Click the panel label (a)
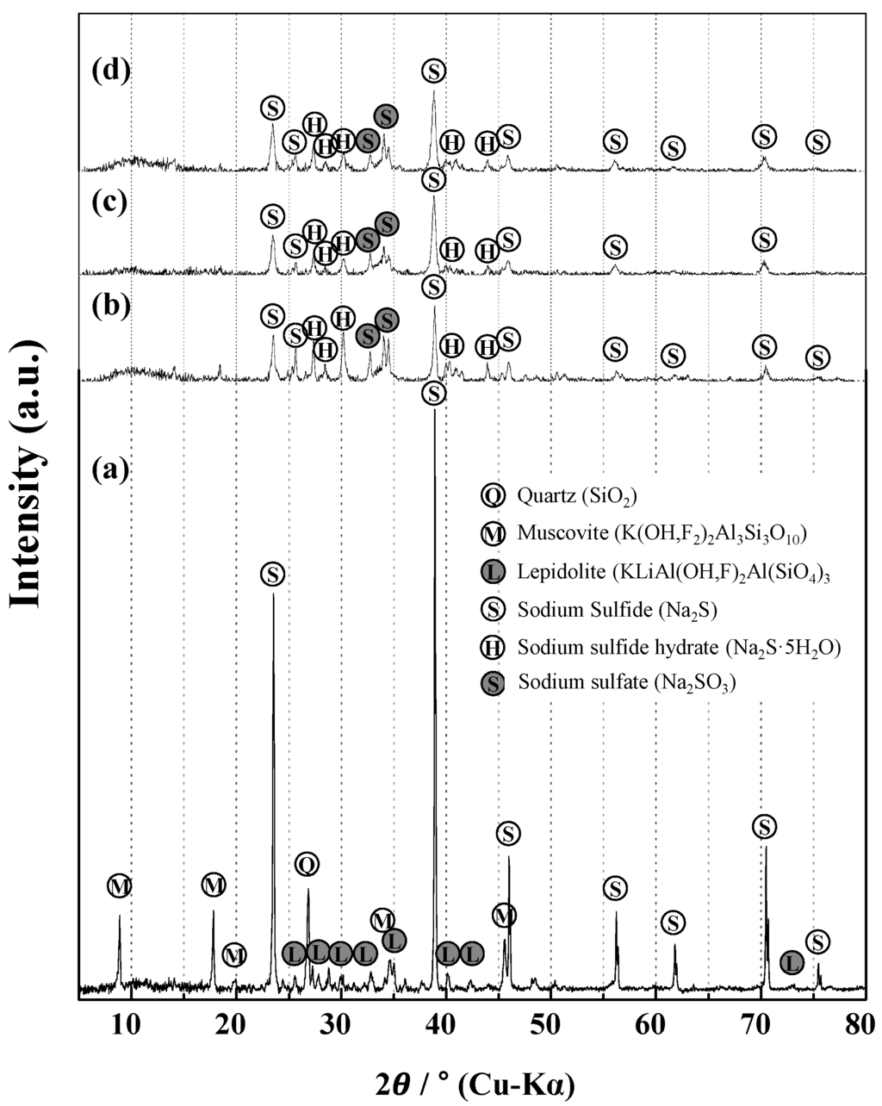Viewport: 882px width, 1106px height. click(x=110, y=469)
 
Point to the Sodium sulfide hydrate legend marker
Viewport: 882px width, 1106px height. click(x=493, y=646)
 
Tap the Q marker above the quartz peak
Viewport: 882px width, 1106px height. click(x=307, y=863)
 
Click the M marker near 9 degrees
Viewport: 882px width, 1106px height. click(x=120, y=885)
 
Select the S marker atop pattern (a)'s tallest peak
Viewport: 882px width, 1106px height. click(x=434, y=394)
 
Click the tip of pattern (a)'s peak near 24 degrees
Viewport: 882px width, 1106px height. click(x=273, y=593)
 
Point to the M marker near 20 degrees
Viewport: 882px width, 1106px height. click(x=234, y=954)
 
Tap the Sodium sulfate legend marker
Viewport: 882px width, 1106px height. click(x=493, y=684)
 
